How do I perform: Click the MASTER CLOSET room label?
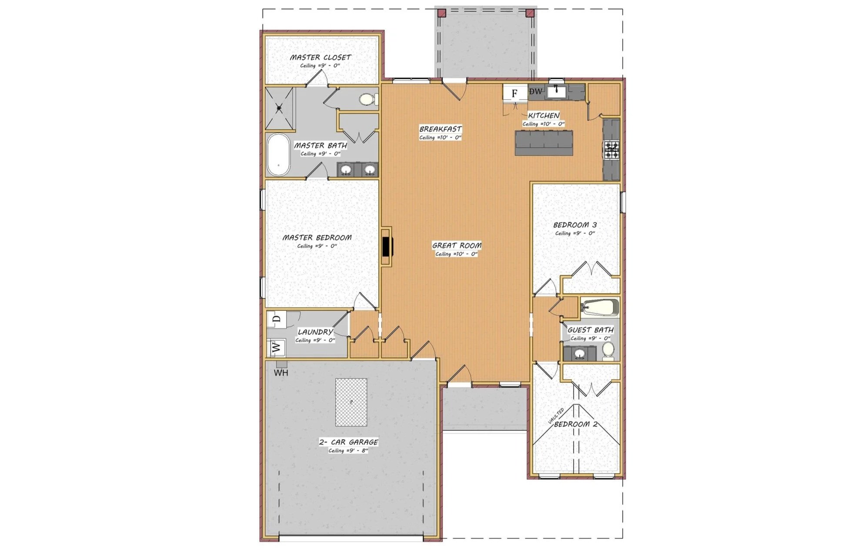(x=321, y=57)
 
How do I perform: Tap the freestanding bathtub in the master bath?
(x=278, y=154)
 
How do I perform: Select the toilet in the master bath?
(x=368, y=100)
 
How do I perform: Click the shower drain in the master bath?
(x=279, y=107)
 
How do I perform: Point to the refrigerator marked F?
(x=515, y=93)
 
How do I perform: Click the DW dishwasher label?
(x=536, y=91)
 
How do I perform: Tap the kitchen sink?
(x=556, y=92)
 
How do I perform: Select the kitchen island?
(x=544, y=143)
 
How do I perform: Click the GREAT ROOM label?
(x=457, y=245)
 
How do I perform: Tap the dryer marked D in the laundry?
(x=277, y=320)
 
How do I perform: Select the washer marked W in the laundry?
(x=276, y=347)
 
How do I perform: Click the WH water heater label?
(x=281, y=373)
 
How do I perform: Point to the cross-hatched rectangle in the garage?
(x=351, y=402)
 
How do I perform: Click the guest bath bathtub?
(x=600, y=308)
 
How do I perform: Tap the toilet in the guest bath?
(x=608, y=351)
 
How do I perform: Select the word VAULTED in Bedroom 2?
(x=556, y=416)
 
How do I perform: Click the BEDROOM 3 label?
(x=575, y=225)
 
